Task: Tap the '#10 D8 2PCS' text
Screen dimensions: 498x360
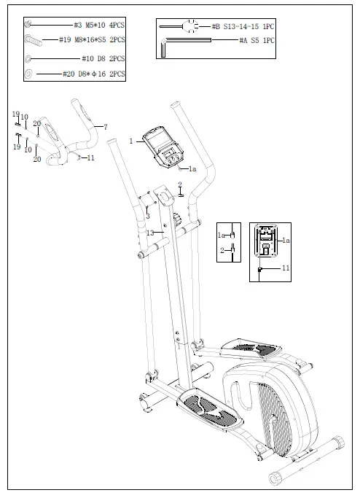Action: (102, 58)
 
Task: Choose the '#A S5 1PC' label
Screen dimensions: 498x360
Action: (257, 41)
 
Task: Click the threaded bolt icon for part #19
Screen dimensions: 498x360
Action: (32, 41)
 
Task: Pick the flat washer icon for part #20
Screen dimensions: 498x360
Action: (29, 74)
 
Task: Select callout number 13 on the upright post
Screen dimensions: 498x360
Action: (150, 233)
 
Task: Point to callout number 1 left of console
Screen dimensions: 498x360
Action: (131, 141)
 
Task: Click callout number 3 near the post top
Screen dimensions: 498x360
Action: (148, 216)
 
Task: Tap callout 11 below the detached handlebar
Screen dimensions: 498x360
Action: (90, 157)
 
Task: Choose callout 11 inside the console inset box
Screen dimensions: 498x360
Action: (286, 268)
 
